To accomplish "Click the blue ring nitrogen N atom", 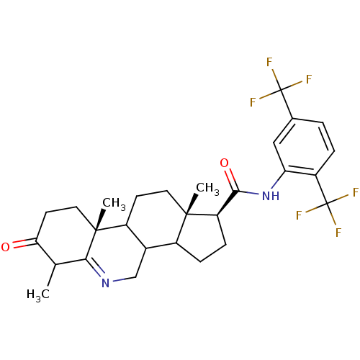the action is pos(105,283).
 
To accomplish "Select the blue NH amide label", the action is pos(271,196).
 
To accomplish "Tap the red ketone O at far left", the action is pos(5,247).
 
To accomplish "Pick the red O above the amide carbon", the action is pos(225,163).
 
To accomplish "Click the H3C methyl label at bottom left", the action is pos(38,294).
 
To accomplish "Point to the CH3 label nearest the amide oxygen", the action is pos(207,188).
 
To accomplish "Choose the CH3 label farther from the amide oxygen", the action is pos(114,204).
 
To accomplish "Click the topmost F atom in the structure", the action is pos(269,62).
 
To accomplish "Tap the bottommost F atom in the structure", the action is pos(338,233).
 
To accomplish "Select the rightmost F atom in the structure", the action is pos(356,192).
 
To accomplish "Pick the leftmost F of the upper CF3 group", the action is pos(253,102).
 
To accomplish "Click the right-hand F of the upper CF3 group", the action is pos(309,79).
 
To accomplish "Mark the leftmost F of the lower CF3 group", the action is pos(299,215).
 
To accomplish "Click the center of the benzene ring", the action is pos(304,147).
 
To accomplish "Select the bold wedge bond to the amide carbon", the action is pos(228,203).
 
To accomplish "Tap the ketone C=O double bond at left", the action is pos(25,243).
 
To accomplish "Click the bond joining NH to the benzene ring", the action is pos(279,179).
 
